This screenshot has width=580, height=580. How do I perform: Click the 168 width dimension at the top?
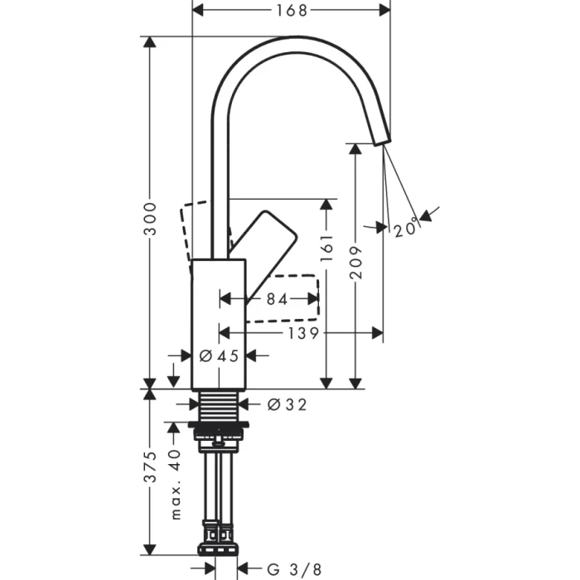point(291,11)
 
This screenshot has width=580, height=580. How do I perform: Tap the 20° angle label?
point(405,229)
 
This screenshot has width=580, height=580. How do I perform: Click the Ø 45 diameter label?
point(220,355)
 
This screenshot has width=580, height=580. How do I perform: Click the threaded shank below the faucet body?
point(220,404)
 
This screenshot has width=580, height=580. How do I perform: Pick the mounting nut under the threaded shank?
point(220,428)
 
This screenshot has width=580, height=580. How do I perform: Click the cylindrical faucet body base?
point(220,331)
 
